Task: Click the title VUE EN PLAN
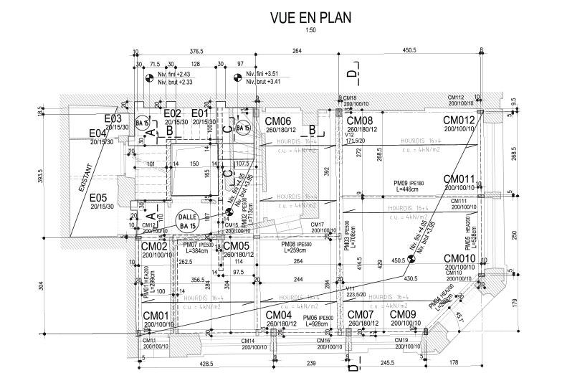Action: [310, 16]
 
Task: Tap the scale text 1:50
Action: [310, 30]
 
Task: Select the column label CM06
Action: [278, 121]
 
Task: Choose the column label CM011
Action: [459, 179]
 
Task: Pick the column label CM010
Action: [459, 258]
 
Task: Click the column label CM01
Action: [155, 315]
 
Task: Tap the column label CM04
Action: [278, 315]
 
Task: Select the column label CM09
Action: [403, 315]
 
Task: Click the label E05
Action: [98, 197]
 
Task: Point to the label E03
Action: [115, 118]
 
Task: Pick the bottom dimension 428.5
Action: [206, 364]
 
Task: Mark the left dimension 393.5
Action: [40, 176]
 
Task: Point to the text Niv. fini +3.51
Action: [261, 74]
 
